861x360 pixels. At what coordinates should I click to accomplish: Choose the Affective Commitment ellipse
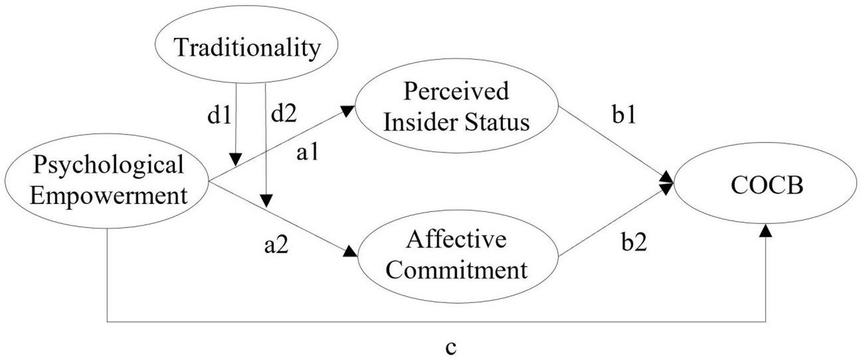(457, 256)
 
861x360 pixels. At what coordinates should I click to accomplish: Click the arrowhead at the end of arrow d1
(236, 160)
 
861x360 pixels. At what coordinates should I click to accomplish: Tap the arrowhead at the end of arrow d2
(266, 201)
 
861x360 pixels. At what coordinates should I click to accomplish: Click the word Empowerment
(107, 195)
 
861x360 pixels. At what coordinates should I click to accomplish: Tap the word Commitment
(457, 270)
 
